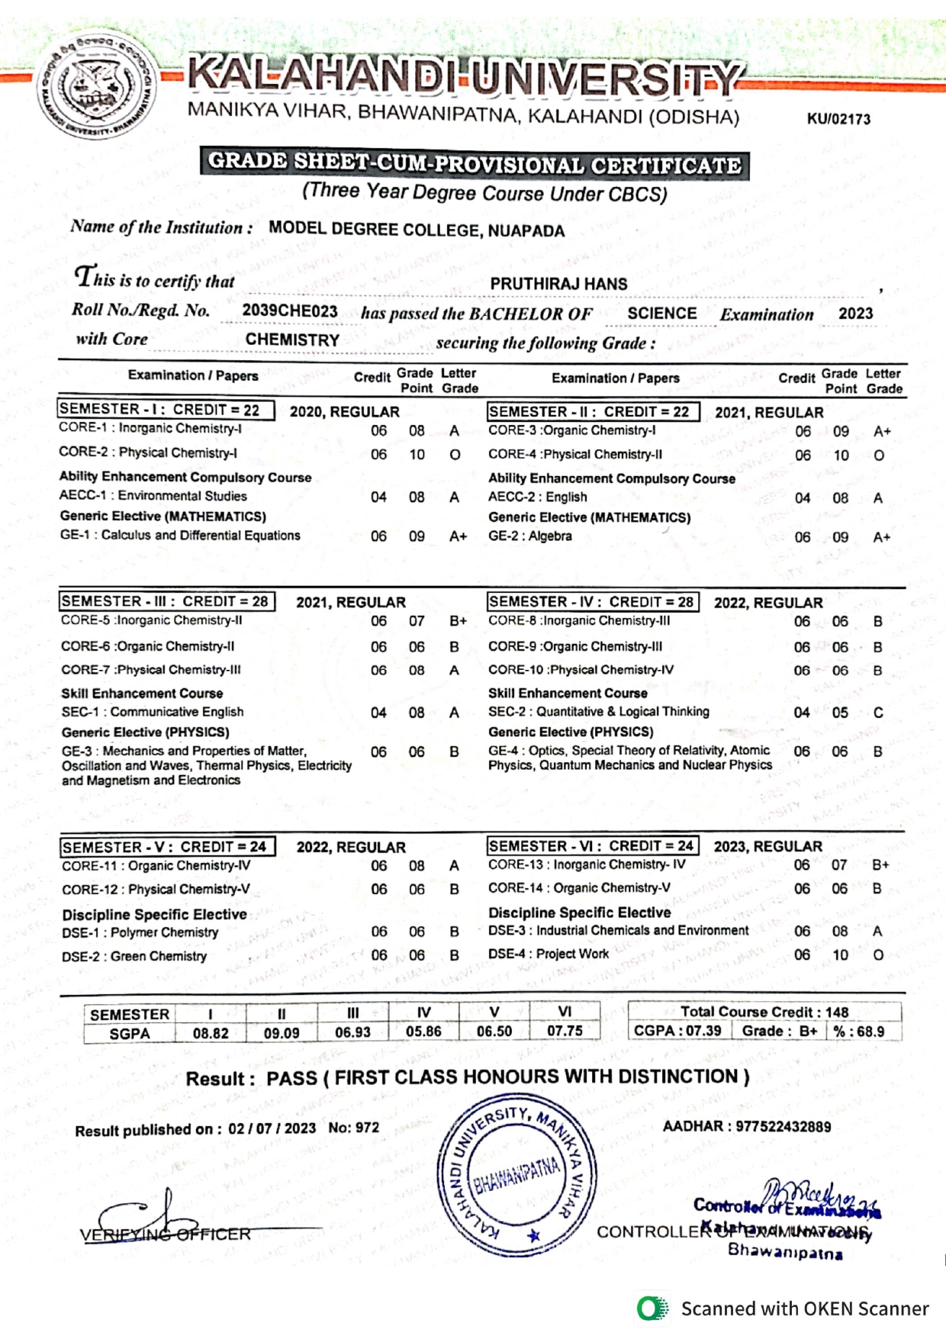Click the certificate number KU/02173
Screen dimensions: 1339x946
(x=838, y=119)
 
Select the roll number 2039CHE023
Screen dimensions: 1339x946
(x=290, y=311)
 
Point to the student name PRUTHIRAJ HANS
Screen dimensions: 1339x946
(x=558, y=284)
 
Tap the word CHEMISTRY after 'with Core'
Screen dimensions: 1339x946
(x=292, y=340)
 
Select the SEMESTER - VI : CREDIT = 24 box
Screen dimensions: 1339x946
(x=592, y=846)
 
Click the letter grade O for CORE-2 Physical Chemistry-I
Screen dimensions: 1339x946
(x=455, y=455)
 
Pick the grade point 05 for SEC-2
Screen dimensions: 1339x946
(x=840, y=713)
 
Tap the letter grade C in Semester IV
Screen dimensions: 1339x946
(x=878, y=713)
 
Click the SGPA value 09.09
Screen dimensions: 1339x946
(x=282, y=1034)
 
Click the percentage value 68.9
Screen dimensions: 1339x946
(x=868, y=1032)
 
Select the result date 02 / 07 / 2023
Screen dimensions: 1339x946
(x=272, y=1128)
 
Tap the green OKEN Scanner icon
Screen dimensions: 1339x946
(x=652, y=1308)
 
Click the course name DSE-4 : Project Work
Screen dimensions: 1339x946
(x=549, y=954)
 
